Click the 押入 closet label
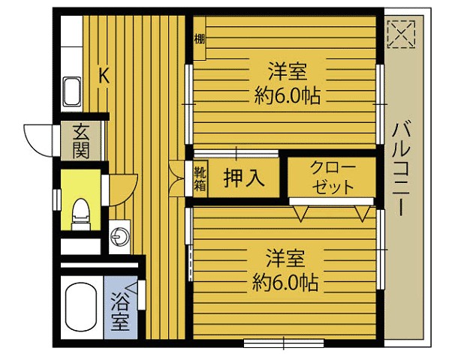click(x=244, y=178)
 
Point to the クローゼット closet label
click(x=331, y=177)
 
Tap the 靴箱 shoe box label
click(x=200, y=178)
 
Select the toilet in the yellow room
click(x=80, y=214)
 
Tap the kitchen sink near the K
click(x=73, y=91)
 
